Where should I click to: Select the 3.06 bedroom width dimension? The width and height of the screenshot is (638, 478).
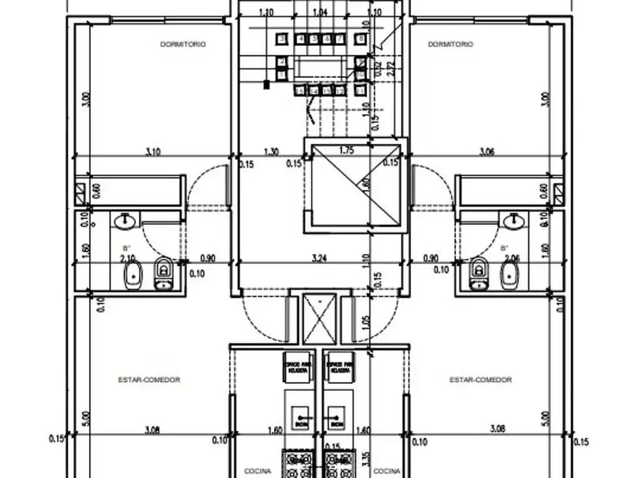486,151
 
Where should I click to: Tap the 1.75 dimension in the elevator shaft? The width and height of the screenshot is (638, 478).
348,150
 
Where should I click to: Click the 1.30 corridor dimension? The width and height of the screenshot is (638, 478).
271,151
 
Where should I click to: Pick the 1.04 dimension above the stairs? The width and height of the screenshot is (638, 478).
320,12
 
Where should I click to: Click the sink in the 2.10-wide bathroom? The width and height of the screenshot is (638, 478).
126,220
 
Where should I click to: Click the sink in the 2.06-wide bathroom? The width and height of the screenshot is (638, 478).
514,220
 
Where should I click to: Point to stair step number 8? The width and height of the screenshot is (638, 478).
360,39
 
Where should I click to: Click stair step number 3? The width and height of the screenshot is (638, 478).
282,39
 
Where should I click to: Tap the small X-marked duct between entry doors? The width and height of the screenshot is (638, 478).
319,319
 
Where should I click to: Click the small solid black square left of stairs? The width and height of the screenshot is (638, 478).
267,85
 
